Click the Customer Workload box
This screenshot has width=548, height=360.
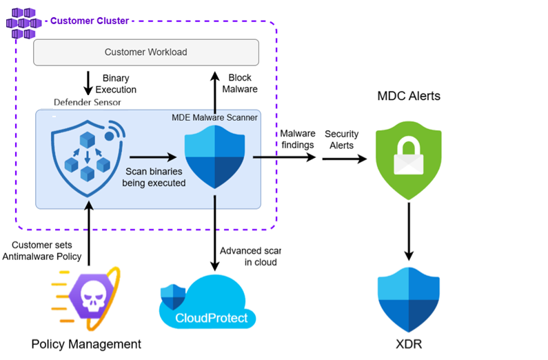click(145, 52)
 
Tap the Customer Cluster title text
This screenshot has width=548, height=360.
click(90, 21)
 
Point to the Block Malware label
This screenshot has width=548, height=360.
click(240, 83)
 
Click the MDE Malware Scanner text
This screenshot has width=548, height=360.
click(214, 118)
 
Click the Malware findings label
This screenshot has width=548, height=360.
click(297, 139)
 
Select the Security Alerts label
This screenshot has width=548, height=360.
click(343, 139)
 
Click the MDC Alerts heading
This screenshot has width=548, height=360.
click(409, 96)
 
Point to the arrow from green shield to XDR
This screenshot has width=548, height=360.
click(409, 234)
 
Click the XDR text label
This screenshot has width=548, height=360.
click(409, 343)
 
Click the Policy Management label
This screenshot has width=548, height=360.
click(86, 343)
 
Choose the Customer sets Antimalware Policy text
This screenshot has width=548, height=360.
click(46, 251)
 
